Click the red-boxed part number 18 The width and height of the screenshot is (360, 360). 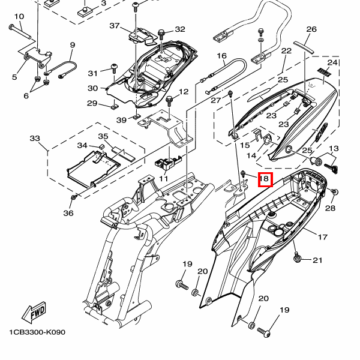[265, 179]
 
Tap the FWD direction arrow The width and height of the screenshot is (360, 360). [34, 313]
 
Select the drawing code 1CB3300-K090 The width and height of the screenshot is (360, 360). [37, 332]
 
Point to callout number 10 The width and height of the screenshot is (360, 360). [19, 17]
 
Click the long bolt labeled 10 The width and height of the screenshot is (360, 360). [20, 32]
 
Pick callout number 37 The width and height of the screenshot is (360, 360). [115, 26]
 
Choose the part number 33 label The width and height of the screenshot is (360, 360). [35, 138]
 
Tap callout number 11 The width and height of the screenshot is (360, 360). [163, 178]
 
